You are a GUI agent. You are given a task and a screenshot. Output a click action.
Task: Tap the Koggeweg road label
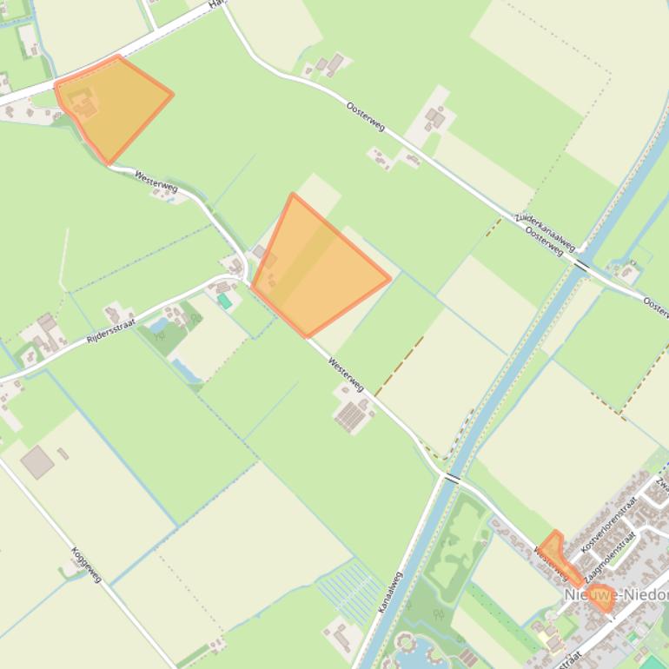[x=87, y=564]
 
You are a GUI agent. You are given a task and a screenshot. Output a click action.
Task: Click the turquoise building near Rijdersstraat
[x=224, y=301]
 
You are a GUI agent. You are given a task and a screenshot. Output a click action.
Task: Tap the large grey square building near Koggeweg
[x=37, y=461]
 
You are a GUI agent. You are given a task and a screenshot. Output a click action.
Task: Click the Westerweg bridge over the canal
[x=451, y=477]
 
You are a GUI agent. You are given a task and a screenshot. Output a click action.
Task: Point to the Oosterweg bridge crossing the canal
[x=581, y=264]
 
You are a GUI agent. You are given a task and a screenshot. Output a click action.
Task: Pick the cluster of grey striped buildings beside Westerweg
[x=354, y=416]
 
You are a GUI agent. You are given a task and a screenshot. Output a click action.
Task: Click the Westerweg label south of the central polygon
[x=346, y=374]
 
